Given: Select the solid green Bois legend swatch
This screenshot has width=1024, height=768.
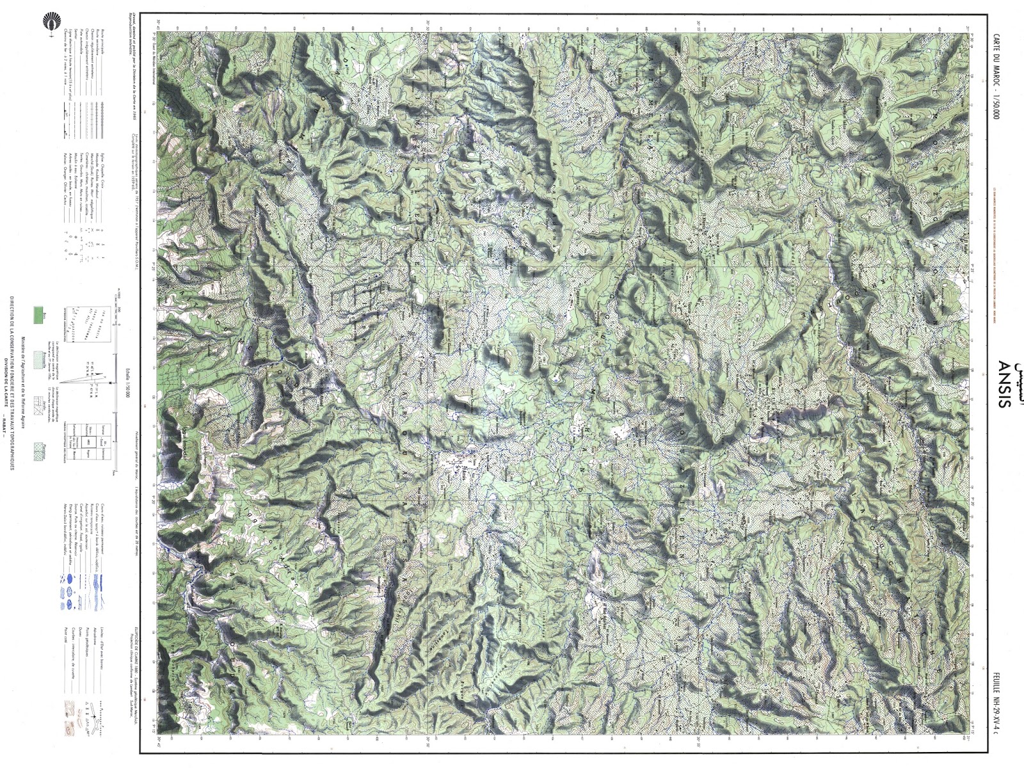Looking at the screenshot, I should [38, 315].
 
